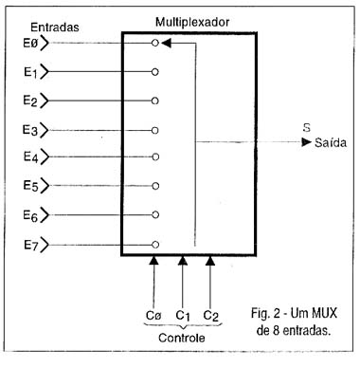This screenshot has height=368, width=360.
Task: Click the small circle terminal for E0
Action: (x=155, y=43)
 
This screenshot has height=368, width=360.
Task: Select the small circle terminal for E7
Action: (x=155, y=244)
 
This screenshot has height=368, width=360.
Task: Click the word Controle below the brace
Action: (x=181, y=339)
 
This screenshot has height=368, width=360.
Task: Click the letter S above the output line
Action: (x=306, y=125)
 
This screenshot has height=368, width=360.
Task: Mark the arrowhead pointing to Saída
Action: (x=305, y=142)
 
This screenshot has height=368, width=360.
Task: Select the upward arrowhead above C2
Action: (x=210, y=258)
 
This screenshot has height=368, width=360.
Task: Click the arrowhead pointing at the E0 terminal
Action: (x=165, y=43)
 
